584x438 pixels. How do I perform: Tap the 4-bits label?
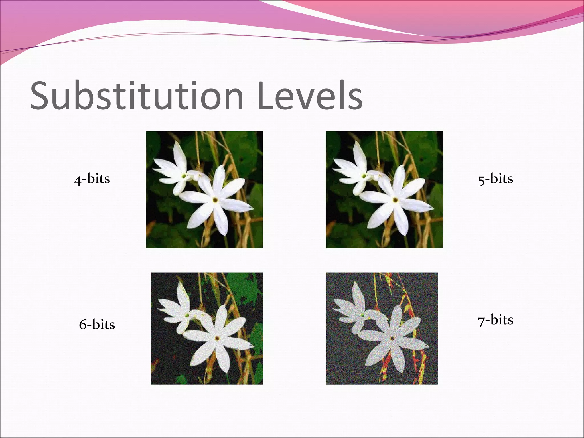click(x=92, y=179)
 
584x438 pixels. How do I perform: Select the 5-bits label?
click(x=496, y=179)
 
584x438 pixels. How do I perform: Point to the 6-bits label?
click(x=97, y=325)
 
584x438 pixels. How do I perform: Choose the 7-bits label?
click(x=496, y=320)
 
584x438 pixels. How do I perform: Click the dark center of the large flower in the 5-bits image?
click(x=395, y=200)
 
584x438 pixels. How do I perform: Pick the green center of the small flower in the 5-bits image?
click(x=364, y=176)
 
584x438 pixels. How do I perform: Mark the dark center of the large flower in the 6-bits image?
click(x=218, y=338)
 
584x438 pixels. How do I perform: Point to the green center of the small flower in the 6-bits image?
click(x=187, y=315)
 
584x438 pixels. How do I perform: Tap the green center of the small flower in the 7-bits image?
click(x=362, y=315)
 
